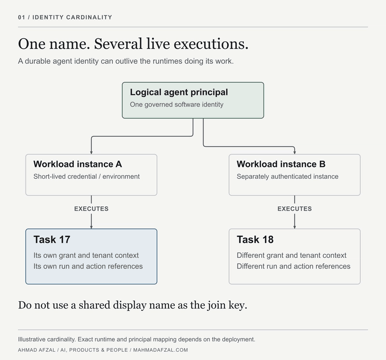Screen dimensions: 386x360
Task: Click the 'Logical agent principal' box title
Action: click(179, 92)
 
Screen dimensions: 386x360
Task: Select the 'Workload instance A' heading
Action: click(78, 164)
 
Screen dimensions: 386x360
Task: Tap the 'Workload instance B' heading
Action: click(281, 164)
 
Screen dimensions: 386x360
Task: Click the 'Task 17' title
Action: click(52, 240)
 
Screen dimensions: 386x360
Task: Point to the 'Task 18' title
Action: click(255, 240)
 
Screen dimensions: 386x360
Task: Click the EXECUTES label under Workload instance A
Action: click(91, 209)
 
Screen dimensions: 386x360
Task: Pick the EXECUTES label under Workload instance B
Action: click(295, 209)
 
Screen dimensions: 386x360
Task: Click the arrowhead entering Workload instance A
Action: click(91, 152)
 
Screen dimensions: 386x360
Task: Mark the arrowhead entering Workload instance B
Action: click(295, 152)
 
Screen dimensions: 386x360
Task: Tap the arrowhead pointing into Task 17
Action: click(91, 227)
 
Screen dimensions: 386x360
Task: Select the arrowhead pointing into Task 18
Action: click(295, 227)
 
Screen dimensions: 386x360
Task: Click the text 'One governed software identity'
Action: click(177, 105)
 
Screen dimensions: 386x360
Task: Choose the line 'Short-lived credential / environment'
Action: click(87, 176)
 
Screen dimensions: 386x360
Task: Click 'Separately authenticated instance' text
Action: click(288, 176)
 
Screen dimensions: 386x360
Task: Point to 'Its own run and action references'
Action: click(88, 267)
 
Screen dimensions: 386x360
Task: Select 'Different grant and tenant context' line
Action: click(292, 255)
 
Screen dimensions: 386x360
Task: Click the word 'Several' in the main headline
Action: click(118, 44)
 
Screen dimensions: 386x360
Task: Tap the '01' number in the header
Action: click(21, 17)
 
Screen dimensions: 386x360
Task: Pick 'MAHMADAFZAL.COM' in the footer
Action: click(161, 350)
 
